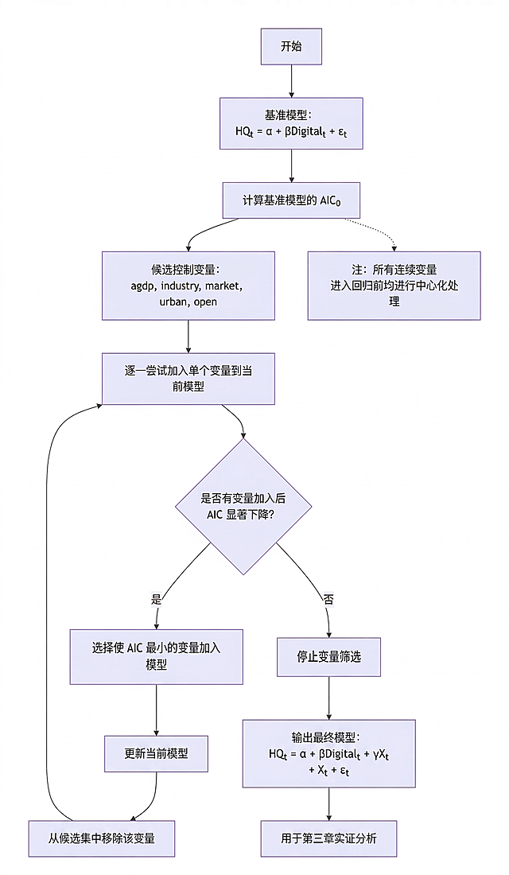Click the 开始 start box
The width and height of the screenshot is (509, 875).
pyautogui.click(x=291, y=47)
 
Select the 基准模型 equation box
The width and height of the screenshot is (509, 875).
pyautogui.click(x=291, y=123)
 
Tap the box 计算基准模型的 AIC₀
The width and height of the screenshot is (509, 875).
pyautogui.click(x=291, y=200)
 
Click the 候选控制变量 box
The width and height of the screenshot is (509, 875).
pyautogui.click(x=188, y=286)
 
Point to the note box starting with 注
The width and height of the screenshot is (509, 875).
pyautogui.click(x=394, y=286)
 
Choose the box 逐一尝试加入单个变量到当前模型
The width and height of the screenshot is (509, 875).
pyautogui.click(x=188, y=379)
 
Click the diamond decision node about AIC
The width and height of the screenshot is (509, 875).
pyautogui.click(x=243, y=506)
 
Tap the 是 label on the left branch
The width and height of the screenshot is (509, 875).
pyautogui.click(x=156, y=598)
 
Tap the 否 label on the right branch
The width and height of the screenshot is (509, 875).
pyautogui.click(x=328, y=598)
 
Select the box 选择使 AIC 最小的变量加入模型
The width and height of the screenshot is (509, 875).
pyautogui.click(x=156, y=656)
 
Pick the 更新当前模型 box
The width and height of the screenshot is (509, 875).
pyautogui.click(x=156, y=752)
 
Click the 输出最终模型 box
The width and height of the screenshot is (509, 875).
pyautogui.click(x=328, y=753)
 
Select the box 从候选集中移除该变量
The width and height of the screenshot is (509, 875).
pyautogui.click(x=101, y=838)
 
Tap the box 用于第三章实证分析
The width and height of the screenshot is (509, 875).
pyautogui.click(x=328, y=838)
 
